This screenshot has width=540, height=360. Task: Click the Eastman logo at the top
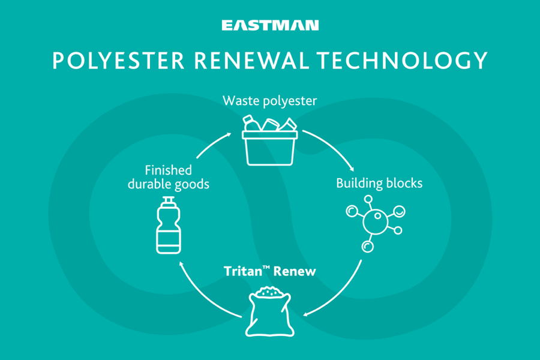coord(270,25)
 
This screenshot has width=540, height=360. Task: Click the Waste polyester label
coord(269,100)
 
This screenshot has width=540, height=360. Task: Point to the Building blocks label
coord(379,183)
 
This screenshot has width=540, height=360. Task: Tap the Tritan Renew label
coord(270,271)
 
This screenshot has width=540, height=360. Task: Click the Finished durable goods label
coord(168,177)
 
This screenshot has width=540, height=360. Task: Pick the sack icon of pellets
coord(270,310)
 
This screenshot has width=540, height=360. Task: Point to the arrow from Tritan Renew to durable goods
coord(201,294)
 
